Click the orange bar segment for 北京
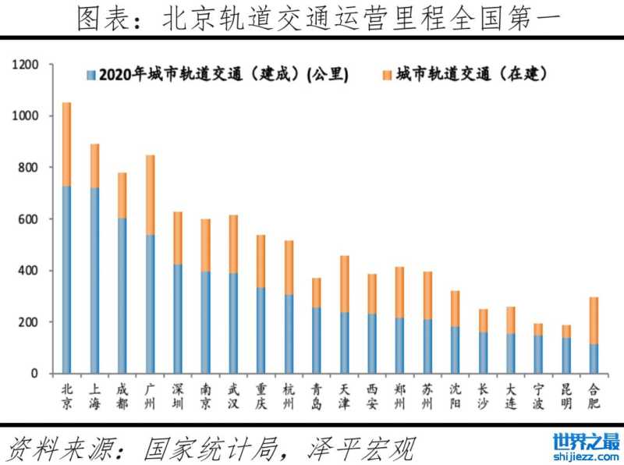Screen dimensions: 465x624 [66, 144]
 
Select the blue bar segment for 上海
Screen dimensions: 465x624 [94, 281]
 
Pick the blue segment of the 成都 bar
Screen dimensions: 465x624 [122, 296]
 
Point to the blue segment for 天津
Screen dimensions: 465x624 [344, 343]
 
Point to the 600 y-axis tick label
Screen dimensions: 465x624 [29, 219]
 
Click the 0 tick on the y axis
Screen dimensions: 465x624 [35, 374]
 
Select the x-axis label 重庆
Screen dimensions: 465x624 [261, 396]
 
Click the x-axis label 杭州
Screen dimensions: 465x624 [289, 396]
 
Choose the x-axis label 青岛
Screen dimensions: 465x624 [316, 396]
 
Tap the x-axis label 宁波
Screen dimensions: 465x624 [538, 396]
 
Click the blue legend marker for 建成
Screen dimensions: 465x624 [91, 76]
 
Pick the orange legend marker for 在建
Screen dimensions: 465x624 [386, 76]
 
